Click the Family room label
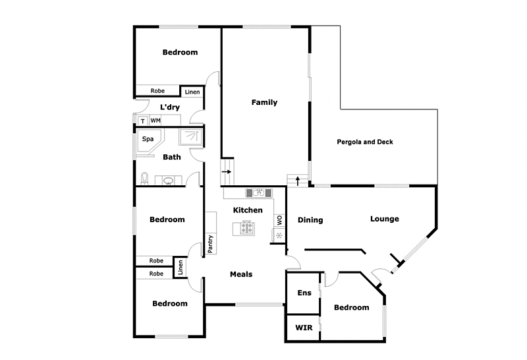265,102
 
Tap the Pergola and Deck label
364,142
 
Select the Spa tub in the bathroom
148,140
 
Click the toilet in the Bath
145,178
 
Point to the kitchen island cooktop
247,228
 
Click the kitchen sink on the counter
255,193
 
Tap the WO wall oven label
279,220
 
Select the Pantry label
211,244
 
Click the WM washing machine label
155,121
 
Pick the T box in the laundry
142,121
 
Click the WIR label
304,328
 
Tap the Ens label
304,293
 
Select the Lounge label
384,219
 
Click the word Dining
310,220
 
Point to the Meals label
240,274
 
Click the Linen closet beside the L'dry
192,92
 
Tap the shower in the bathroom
192,136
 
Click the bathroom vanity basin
168,180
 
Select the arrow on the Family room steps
227,172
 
